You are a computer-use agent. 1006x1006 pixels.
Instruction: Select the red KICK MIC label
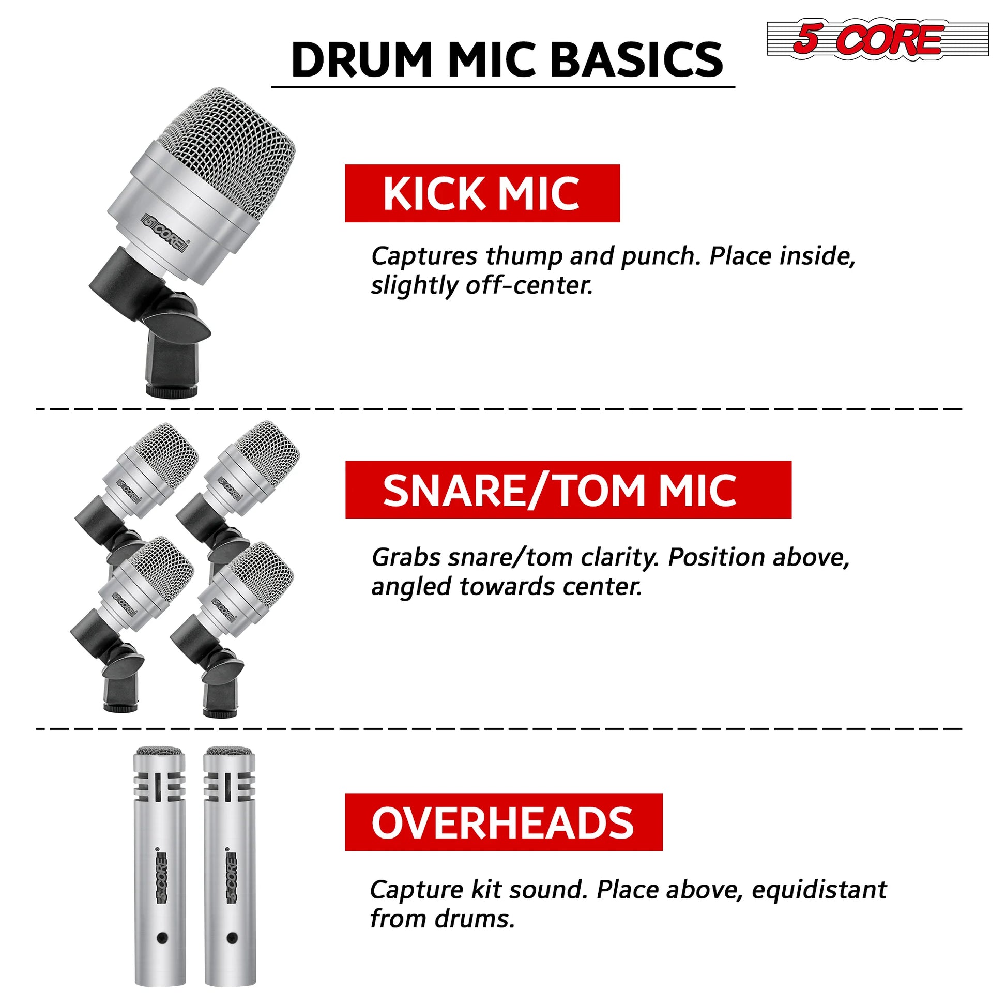click(x=482, y=193)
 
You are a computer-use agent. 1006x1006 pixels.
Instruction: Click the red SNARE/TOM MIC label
click(x=568, y=490)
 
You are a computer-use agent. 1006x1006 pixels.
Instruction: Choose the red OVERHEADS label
click(x=504, y=822)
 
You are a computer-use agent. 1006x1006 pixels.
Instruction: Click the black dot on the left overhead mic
click(x=161, y=938)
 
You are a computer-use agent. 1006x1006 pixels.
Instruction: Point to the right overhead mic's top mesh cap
click(x=229, y=751)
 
